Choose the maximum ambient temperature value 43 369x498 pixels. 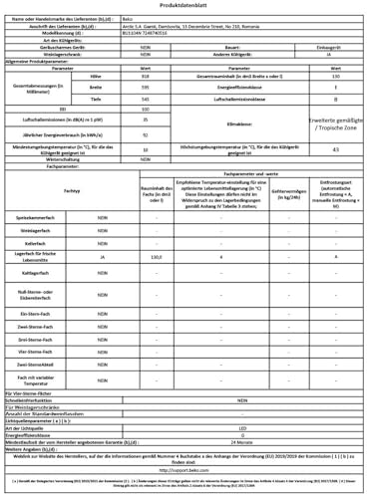335,148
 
